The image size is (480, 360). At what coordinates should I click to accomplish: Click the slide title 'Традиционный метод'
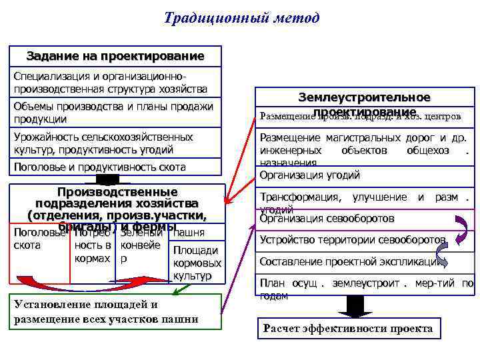click(x=241, y=17)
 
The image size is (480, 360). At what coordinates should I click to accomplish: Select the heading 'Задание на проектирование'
click(x=115, y=55)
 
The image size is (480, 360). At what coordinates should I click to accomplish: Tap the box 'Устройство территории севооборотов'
click(x=353, y=240)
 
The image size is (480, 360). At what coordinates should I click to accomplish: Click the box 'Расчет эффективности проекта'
click(x=348, y=328)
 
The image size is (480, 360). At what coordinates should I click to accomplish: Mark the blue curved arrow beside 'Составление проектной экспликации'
click(x=442, y=254)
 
